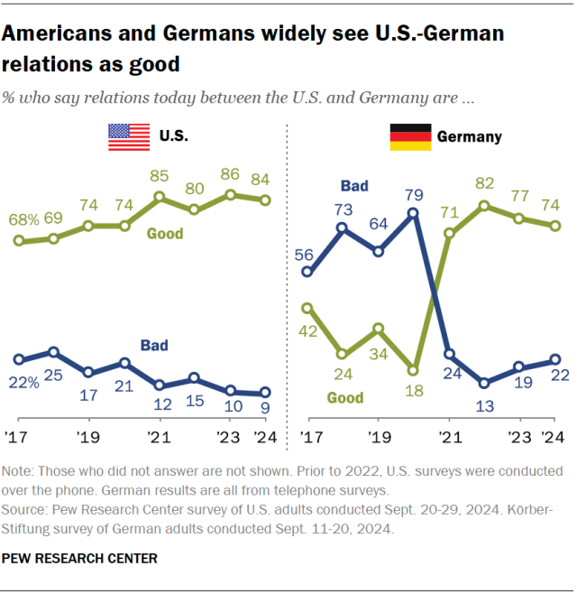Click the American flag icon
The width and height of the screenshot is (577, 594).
(x=129, y=136)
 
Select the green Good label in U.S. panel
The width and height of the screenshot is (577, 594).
(x=165, y=234)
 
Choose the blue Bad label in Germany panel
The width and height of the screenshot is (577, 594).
(x=354, y=186)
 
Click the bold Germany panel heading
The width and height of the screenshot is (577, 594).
(x=469, y=137)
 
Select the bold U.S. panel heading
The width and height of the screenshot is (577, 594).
(x=173, y=137)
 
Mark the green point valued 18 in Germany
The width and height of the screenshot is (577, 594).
(x=413, y=369)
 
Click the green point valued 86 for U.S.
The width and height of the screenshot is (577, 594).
(x=230, y=194)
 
